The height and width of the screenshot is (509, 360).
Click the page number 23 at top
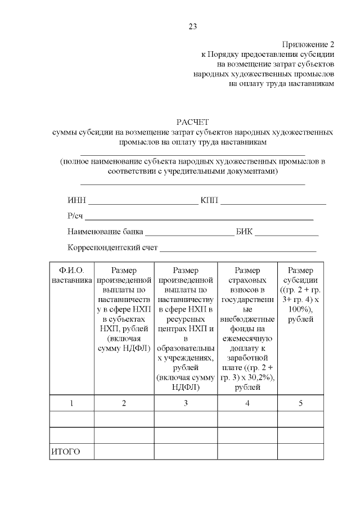tap(192, 26)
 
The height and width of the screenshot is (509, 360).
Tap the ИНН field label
tap(76, 201)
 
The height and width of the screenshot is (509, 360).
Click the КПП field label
tap(209, 201)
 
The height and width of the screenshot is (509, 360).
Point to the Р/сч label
tap(75, 216)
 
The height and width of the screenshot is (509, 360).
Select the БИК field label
tap(245, 231)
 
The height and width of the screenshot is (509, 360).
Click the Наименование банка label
tap(105, 231)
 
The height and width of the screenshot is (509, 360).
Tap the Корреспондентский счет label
tap(112, 247)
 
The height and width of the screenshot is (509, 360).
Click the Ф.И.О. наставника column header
tap(71, 275)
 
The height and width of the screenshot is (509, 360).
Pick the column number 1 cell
tap(71, 403)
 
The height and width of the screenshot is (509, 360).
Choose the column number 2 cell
tap(124, 403)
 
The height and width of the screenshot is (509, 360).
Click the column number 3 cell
tap(186, 403)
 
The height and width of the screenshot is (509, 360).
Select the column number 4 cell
tap(247, 403)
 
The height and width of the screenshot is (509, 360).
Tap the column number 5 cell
tap(301, 403)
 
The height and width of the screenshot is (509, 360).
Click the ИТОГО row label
tap(65, 452)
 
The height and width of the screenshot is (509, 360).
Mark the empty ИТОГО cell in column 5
tap(301, 452)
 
